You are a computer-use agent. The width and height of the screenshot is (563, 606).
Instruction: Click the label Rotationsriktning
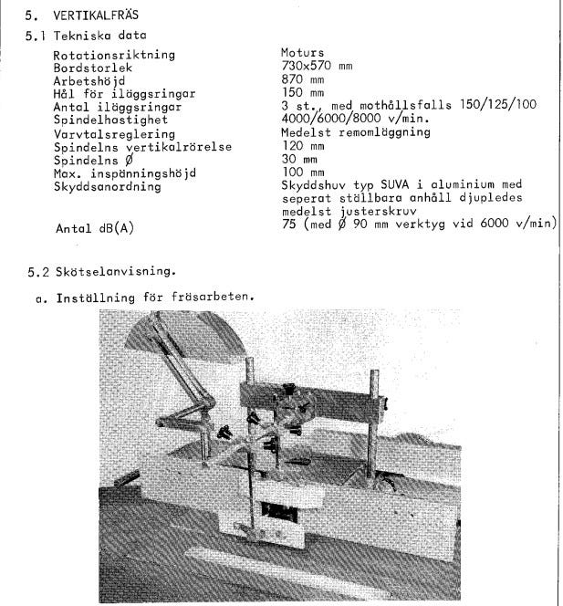tap(114, 55)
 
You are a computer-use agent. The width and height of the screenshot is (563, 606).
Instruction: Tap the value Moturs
tap(304, 54)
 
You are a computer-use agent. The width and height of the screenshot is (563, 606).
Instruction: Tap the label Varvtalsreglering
tap(109, 133)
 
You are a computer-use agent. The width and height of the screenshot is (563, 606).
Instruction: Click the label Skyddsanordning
tap(107, 186)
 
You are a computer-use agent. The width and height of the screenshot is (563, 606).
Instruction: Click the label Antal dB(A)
tap(94, 229)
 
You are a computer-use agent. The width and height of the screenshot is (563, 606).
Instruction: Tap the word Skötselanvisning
tap(109, 271)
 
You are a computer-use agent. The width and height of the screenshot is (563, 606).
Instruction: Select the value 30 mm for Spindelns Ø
tap(300, 159)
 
